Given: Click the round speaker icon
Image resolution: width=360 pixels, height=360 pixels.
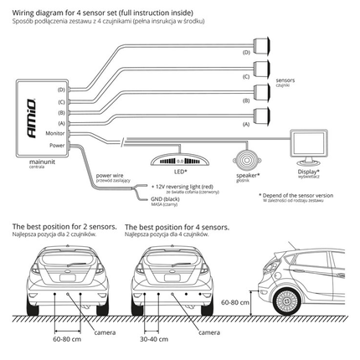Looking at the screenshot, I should (245, 158).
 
